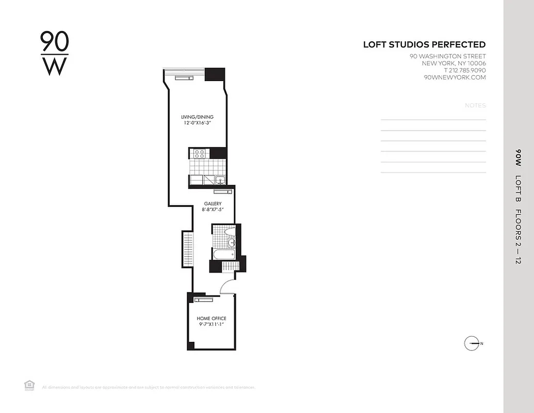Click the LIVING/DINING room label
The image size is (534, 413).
[197, 117]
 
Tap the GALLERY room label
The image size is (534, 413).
[212, 204]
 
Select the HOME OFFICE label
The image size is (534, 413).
[212, 319]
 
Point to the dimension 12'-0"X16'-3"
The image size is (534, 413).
[197, 123]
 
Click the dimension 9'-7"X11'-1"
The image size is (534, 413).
[212, 325]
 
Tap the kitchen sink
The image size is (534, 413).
[220, 180]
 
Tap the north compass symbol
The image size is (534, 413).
[472, 343]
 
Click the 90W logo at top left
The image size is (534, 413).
[54, 53]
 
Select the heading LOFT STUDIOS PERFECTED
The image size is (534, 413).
[424, 45]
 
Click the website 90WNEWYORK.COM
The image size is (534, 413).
[454, 77]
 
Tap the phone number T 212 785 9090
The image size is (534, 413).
[458, 70]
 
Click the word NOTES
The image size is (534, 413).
[475, 105]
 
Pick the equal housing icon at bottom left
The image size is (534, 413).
[29, 385]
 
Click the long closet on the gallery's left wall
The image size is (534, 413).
[187, 250]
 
